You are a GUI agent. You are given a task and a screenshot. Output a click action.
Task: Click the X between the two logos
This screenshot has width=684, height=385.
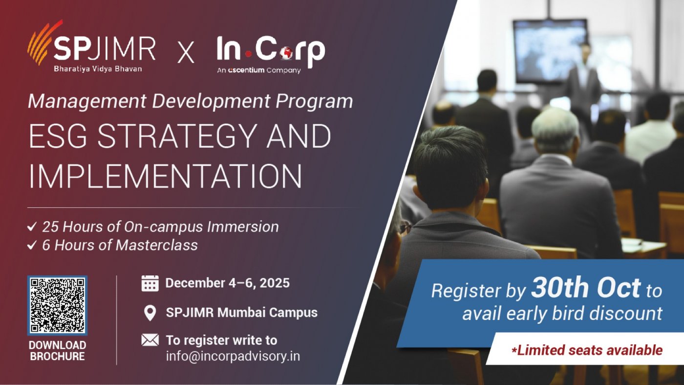(186, 53)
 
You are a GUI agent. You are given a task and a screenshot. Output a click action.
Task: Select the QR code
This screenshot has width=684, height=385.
(58, 305)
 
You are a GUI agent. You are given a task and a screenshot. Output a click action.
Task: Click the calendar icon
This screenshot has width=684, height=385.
(150, 283)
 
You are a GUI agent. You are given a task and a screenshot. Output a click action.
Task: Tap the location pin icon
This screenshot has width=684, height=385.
(150, 313)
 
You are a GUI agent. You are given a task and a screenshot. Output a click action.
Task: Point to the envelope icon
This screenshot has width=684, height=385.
(150, 340)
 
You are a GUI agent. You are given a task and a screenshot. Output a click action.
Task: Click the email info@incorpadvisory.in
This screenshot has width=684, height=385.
(233, 357)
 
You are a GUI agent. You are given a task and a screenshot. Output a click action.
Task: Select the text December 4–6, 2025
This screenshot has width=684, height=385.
(228, 283)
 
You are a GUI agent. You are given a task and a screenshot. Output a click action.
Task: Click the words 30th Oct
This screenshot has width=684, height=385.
(586, 288)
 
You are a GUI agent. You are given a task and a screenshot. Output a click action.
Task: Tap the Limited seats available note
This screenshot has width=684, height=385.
(587, 350)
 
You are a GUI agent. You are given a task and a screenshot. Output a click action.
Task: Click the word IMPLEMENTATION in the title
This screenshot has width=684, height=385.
(165, 177)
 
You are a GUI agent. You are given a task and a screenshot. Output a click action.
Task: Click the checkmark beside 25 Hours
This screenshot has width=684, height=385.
(32, 227)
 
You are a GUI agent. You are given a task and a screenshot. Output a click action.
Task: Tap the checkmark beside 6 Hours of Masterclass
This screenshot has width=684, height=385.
(32, 245)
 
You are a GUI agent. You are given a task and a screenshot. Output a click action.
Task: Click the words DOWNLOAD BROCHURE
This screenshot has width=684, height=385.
(58, 351)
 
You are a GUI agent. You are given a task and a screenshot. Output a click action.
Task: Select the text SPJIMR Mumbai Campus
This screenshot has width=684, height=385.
(242, 313)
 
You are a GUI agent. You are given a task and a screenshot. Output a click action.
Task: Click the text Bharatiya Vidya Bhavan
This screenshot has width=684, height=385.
(98, 69)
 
